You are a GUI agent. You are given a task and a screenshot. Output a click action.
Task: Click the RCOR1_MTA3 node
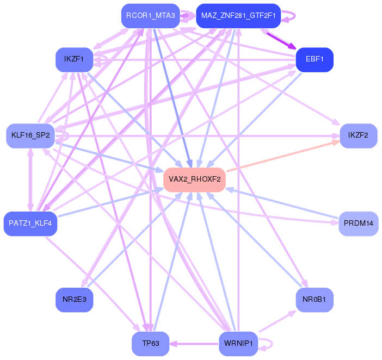coord(150,16)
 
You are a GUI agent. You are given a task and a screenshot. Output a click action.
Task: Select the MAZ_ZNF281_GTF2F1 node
coord(238,16)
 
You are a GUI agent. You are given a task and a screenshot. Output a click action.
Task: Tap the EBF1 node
coord(314,59)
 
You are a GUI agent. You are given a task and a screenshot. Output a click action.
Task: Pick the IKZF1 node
coord(74,59)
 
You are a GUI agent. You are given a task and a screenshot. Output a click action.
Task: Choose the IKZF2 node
coord(358,135)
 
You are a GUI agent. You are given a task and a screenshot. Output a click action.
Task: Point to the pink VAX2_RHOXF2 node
coord(194,179)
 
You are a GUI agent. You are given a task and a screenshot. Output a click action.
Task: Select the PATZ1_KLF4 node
coord(30,224)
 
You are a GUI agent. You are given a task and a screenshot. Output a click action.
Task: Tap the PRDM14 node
coord(358,224)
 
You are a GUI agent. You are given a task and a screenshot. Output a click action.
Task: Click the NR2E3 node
coord(74,300)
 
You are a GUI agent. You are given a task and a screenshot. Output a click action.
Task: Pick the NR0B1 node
coord(314,300)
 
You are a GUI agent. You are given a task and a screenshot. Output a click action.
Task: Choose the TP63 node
coord(150,344)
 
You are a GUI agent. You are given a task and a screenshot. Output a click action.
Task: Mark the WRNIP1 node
coord(238,344)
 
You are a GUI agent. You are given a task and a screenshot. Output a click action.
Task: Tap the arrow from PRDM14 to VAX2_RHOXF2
coord(283,203)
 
